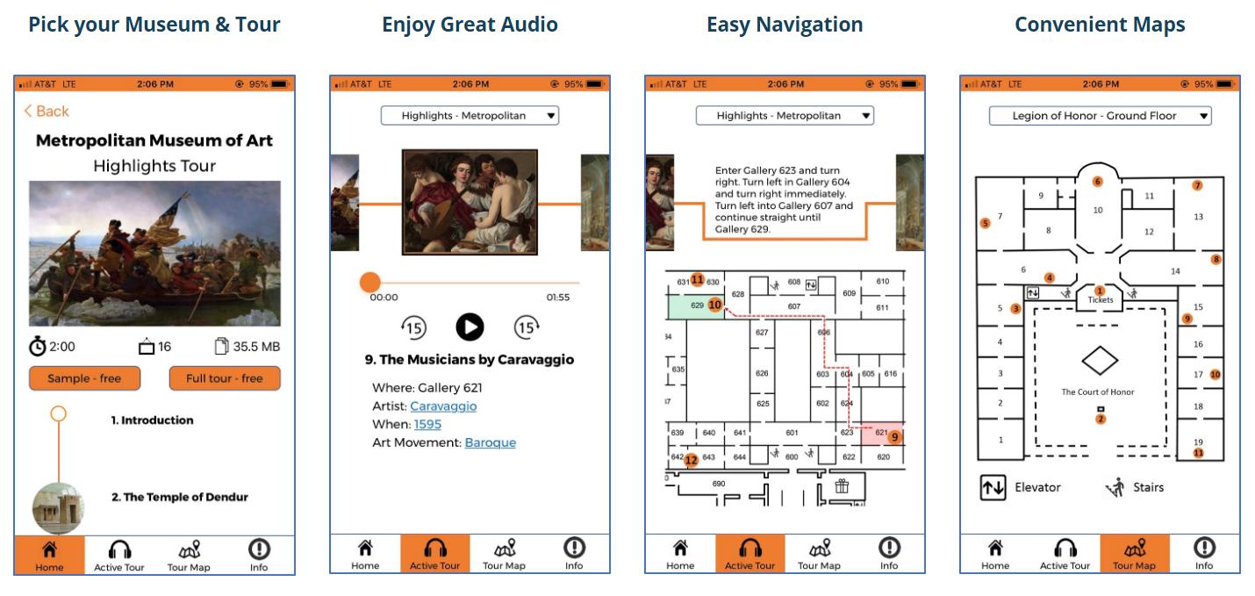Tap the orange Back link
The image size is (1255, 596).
click(x=47, y=111)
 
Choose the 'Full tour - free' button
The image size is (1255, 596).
click(x=225, y=378)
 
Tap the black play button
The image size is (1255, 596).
click(x=470, y=327)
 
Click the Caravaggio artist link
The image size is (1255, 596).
click(x=443, y=406)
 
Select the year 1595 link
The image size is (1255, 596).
click(x=427, y=424)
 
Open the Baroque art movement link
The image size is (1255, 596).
click(x=491, y=442)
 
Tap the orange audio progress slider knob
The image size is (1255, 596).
click(x=369, y=283)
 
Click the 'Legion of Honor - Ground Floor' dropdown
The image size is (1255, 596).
click(x=1100, y=116)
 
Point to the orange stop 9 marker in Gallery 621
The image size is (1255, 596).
click(x=895, y=437)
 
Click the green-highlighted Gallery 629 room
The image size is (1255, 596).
click(x=695, y=307)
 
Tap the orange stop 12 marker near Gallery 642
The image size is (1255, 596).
click(x=692, y=460)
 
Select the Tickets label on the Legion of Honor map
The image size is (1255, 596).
click(x=1101, y=300)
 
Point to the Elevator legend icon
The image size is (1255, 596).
click(x=993, y=487)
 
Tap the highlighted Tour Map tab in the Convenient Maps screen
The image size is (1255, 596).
click(x=1135, y=554)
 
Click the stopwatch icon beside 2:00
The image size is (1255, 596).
click(x=38, y=346)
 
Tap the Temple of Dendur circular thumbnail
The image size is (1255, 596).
click(x=58, y=507)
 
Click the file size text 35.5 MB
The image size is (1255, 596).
click(x=256, y=347)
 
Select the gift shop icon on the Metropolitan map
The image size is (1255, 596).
click(x=842, y=485)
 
